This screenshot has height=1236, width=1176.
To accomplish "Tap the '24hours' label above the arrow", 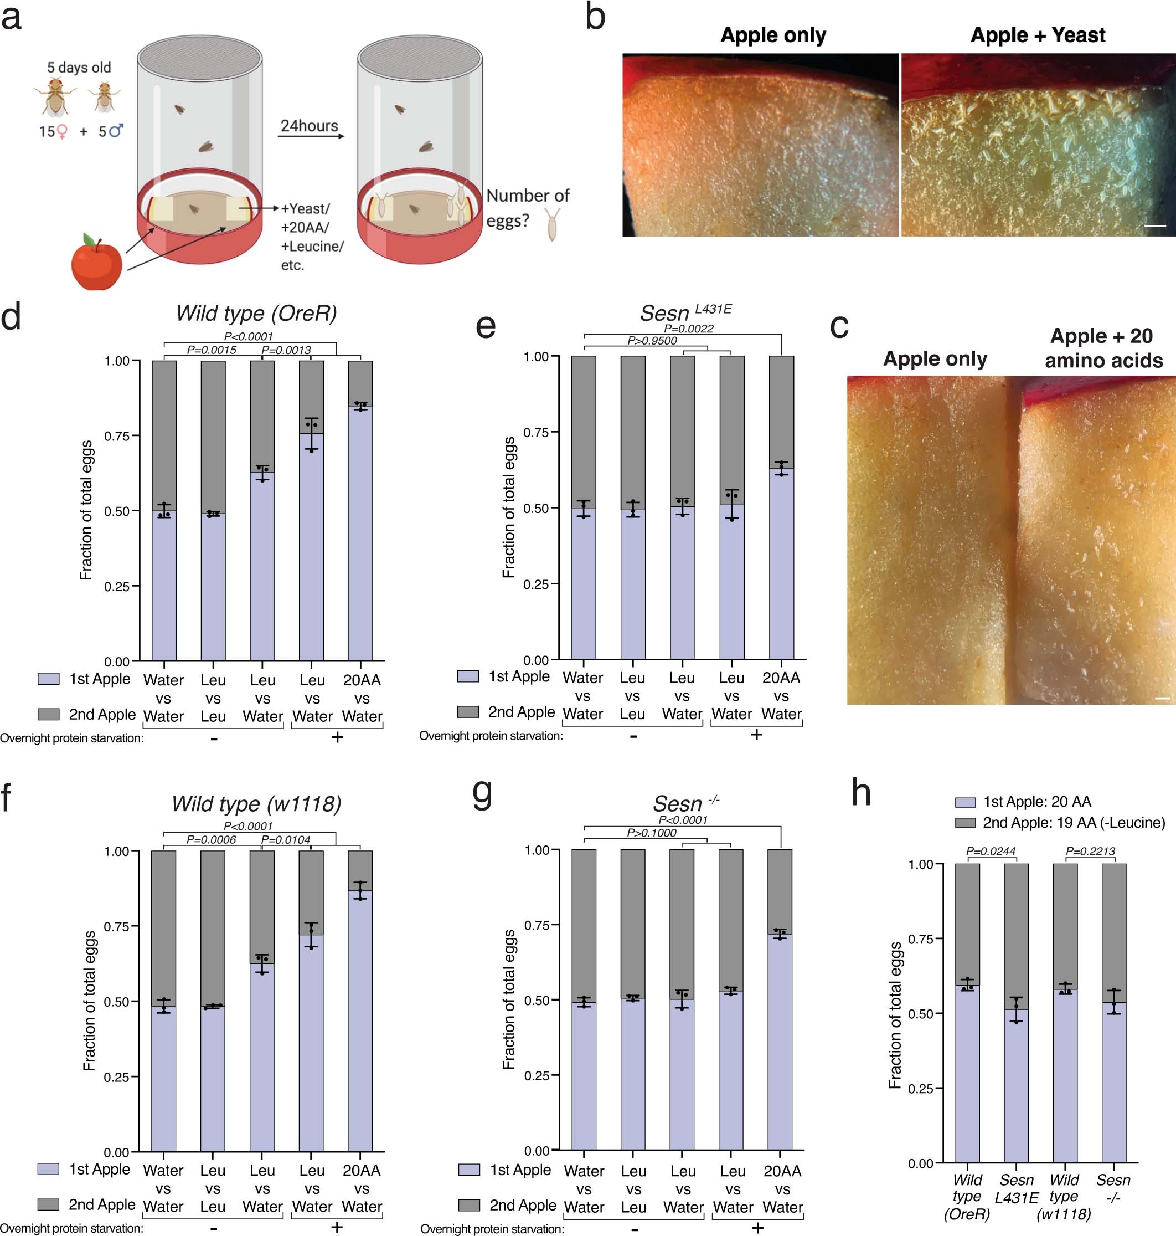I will tap(309, 126).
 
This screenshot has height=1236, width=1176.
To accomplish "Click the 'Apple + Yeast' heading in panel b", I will tap(1038, 35).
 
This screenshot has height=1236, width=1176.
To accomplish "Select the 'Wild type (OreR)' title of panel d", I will tap(256, 313).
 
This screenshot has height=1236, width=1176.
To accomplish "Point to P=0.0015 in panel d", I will tap(212, 350).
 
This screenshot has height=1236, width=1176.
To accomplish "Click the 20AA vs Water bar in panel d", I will tap(360, 533).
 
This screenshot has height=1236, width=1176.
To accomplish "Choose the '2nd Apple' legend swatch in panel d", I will tap(48, 714).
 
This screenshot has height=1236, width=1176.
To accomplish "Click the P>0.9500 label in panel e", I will tap(652, 341).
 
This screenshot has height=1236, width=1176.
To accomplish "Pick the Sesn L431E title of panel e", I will tap(685, 312).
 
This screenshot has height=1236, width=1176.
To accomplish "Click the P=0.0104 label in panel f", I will tap(286, 840).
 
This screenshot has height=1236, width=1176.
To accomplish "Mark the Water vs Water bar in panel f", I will tap(164, 1079).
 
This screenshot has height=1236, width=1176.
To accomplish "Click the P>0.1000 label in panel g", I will tap(651, 833).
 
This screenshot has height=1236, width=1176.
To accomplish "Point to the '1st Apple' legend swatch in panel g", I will tap(469, 1170).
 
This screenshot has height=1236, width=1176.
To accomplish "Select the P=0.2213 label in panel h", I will tap(1090, 851).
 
